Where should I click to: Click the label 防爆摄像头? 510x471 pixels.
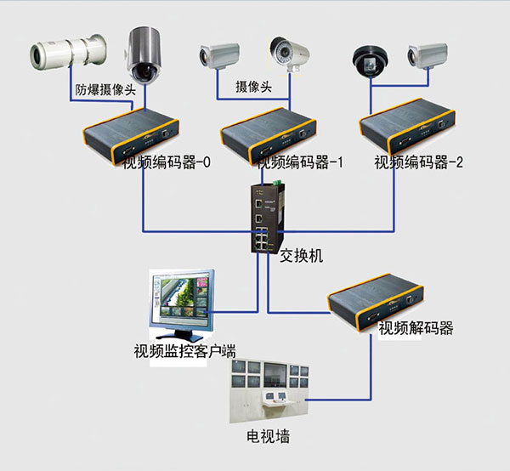[105, 88]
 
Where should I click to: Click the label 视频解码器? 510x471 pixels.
[415, 329]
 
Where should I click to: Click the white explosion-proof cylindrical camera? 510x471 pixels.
[65, 52]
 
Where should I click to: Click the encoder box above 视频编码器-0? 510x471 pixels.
[133, 130]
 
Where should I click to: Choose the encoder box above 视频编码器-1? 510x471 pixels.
[270, 130]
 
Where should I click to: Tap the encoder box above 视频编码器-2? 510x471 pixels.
[409, 130]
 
